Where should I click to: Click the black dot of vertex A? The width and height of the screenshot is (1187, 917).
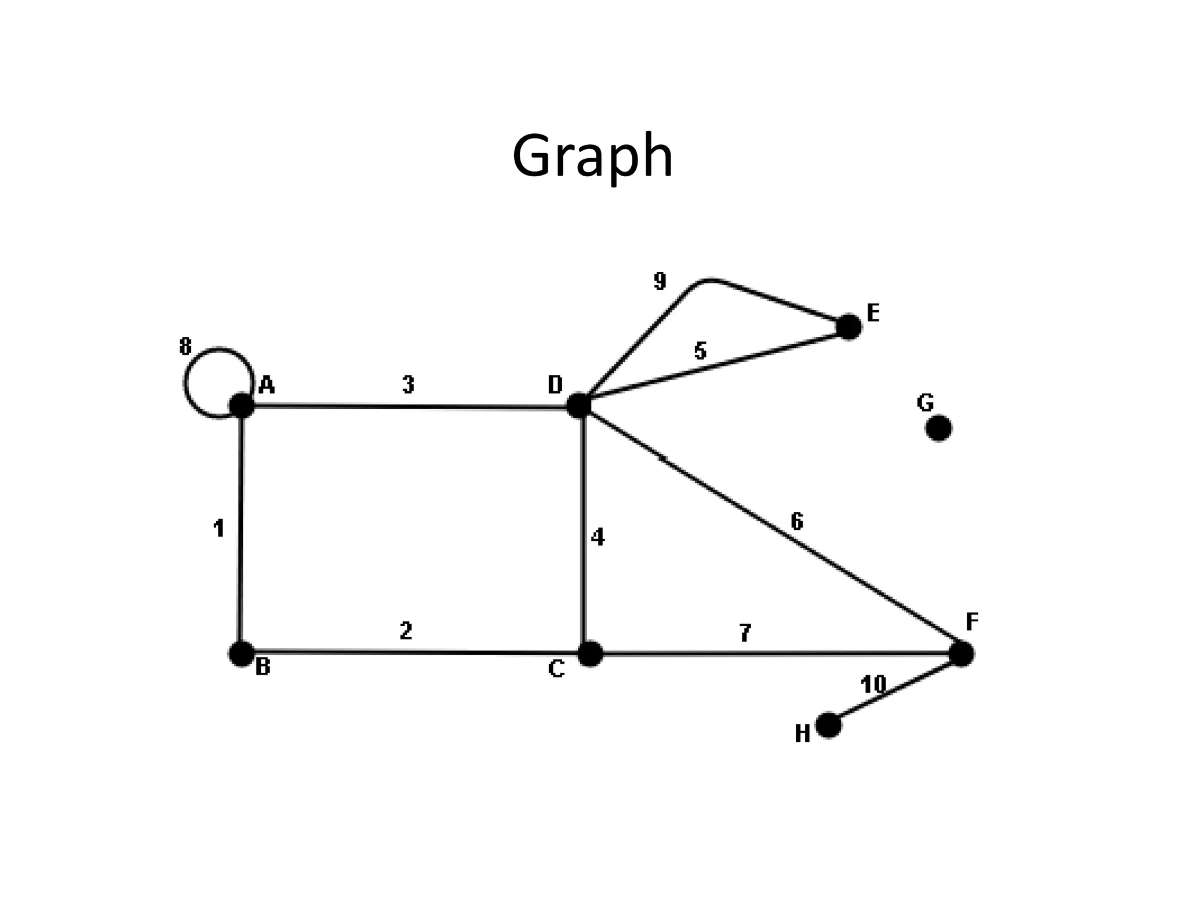click(242, 405)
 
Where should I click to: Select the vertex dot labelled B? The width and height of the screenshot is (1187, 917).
click(241, 654)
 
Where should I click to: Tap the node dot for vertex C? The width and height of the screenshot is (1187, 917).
click(590, 654)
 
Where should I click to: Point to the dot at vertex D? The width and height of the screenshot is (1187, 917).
click(578, 405)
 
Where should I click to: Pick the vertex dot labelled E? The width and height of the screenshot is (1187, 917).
click(849, 327)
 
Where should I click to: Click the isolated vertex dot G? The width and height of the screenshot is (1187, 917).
click(939, 428)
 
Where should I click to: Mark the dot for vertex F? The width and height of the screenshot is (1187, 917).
click(962, 654)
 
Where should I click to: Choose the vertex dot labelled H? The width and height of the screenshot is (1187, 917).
click(828, 725)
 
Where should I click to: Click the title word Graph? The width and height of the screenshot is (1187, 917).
click(592, 155)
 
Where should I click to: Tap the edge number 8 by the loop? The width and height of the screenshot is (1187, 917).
click(185, 347)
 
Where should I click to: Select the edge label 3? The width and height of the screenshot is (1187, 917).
click(408, 384)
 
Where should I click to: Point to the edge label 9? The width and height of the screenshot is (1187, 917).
click(660, 281)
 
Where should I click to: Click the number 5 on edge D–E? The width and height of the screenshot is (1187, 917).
click(700, 351)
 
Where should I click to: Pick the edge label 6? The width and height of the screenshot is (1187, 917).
click(797, 522)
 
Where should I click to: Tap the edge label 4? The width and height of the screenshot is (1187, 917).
click(598, 537)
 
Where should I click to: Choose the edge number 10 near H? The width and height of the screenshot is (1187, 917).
click(873, 685)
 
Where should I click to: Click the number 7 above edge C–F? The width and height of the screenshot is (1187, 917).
click(745, 633)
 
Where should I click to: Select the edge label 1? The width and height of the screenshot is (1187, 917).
click(219, 528)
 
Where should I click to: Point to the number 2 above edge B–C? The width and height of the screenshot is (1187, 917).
click(406, 631)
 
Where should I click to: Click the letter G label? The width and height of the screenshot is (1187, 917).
click(926, 402)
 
